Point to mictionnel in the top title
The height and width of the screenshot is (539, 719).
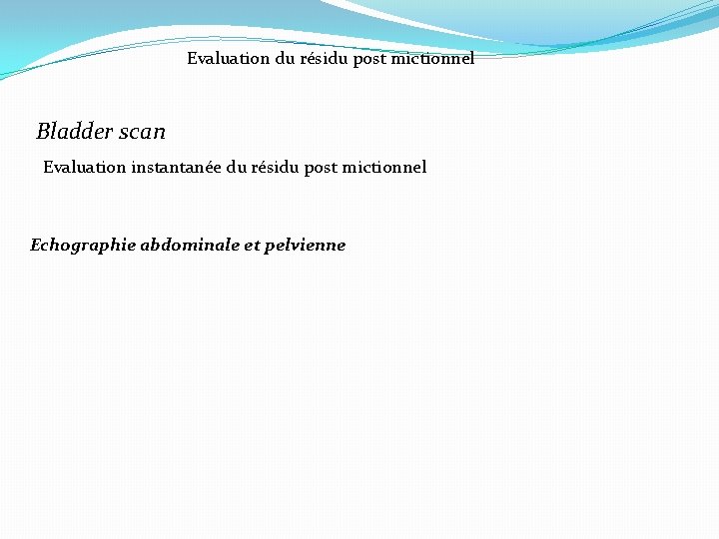pyautogui.click(x=434, y=58)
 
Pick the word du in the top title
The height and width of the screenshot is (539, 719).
pyautogui.click(x=286, y=58)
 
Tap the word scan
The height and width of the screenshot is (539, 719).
pyautogui.click(x=141, y=132)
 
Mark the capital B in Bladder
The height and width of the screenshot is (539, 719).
pyautogui.click(x=43, y=131)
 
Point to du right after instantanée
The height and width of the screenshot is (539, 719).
pyautogui.click(x=237, y=167)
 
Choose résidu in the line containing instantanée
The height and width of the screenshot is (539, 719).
pyautogui.click(x=276, y=167)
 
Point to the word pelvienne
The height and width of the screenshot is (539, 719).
pyautogui.click(x=306, y=245)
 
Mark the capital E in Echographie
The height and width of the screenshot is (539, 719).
pyautogui.click(x=36, y=245)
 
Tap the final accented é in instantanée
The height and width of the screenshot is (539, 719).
pyautogui.click(x=208, y=167)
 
